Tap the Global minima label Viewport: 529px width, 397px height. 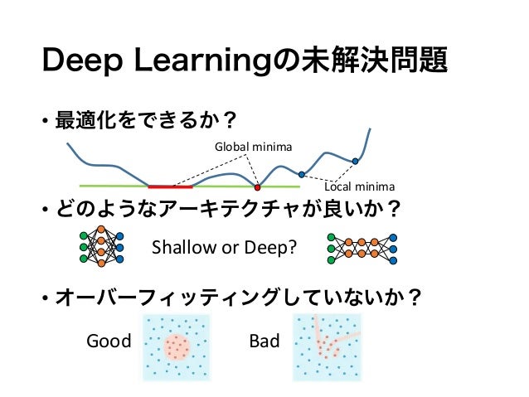coord(253,147)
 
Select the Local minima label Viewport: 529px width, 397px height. coord(359,186)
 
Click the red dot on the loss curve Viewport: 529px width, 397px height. coord(257,187)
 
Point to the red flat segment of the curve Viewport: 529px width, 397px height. coord(171,186)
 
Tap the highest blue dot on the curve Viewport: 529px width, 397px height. coord(355,161)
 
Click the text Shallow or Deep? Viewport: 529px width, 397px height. coord(224,247)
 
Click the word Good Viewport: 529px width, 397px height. coord(109,341)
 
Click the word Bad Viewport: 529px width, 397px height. coord(264,341)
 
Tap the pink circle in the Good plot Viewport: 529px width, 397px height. coord(177,346)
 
